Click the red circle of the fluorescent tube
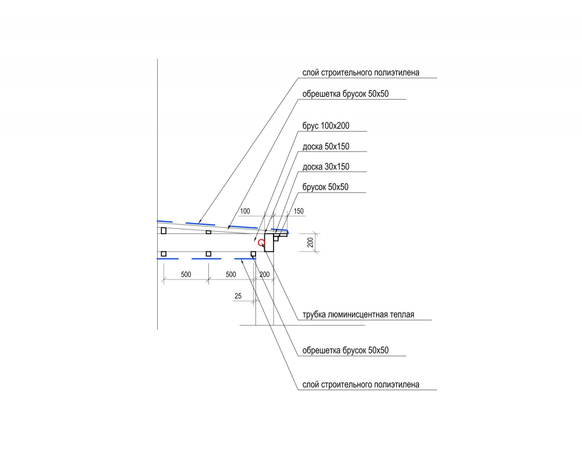[261, 243]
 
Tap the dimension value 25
[238, 296]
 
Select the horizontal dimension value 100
[245, 211]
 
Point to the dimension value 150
[299, 211]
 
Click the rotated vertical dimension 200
[310, 242]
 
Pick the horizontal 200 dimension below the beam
[265, 274]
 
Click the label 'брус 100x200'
[326, 126]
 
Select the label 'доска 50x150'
[326, 146]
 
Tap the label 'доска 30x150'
[326, 167]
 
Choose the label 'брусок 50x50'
[325, 187]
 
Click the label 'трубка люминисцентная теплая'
[358, 314]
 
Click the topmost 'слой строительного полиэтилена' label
[361, 72]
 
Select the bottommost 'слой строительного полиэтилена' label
[361, 384]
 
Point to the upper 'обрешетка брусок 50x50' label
[346, 94]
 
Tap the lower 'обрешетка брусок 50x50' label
[346, 350]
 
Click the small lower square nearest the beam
[254, 254]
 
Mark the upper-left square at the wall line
[164, 231]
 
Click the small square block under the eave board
[276, 238]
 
